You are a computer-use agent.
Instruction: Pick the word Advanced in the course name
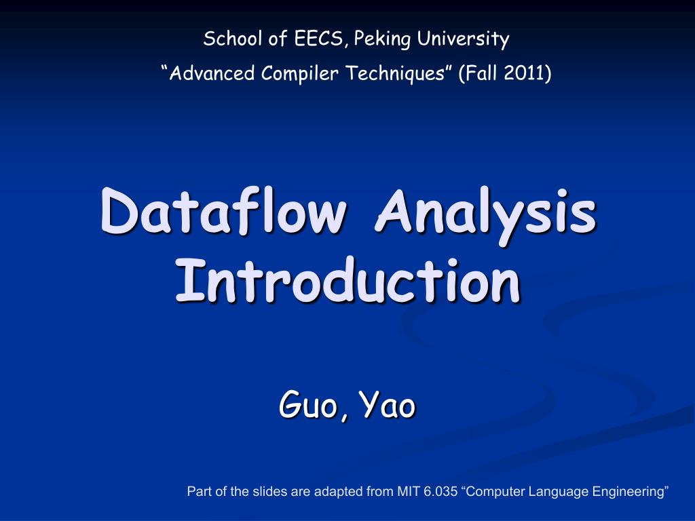pyautogui.click(x=212, y=73)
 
